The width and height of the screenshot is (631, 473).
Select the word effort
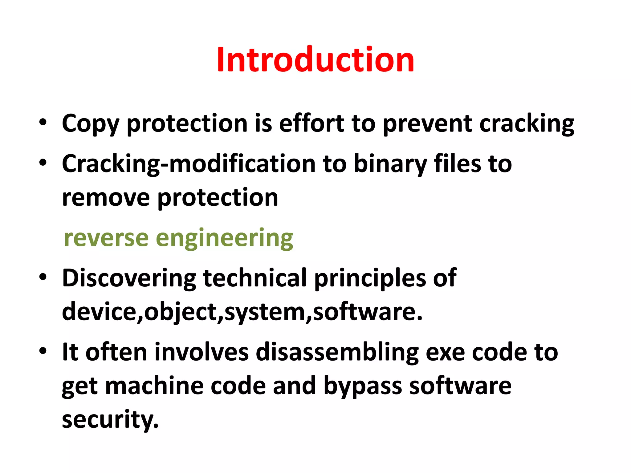tap(311, 123)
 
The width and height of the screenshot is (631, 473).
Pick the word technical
tap(254, 278)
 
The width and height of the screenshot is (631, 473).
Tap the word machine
tap(154, 386)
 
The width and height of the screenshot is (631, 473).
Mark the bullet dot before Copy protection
tap(43, 123)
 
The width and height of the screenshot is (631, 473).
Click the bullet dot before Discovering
tap(43, 277)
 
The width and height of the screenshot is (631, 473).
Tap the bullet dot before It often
tap(43, 351)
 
